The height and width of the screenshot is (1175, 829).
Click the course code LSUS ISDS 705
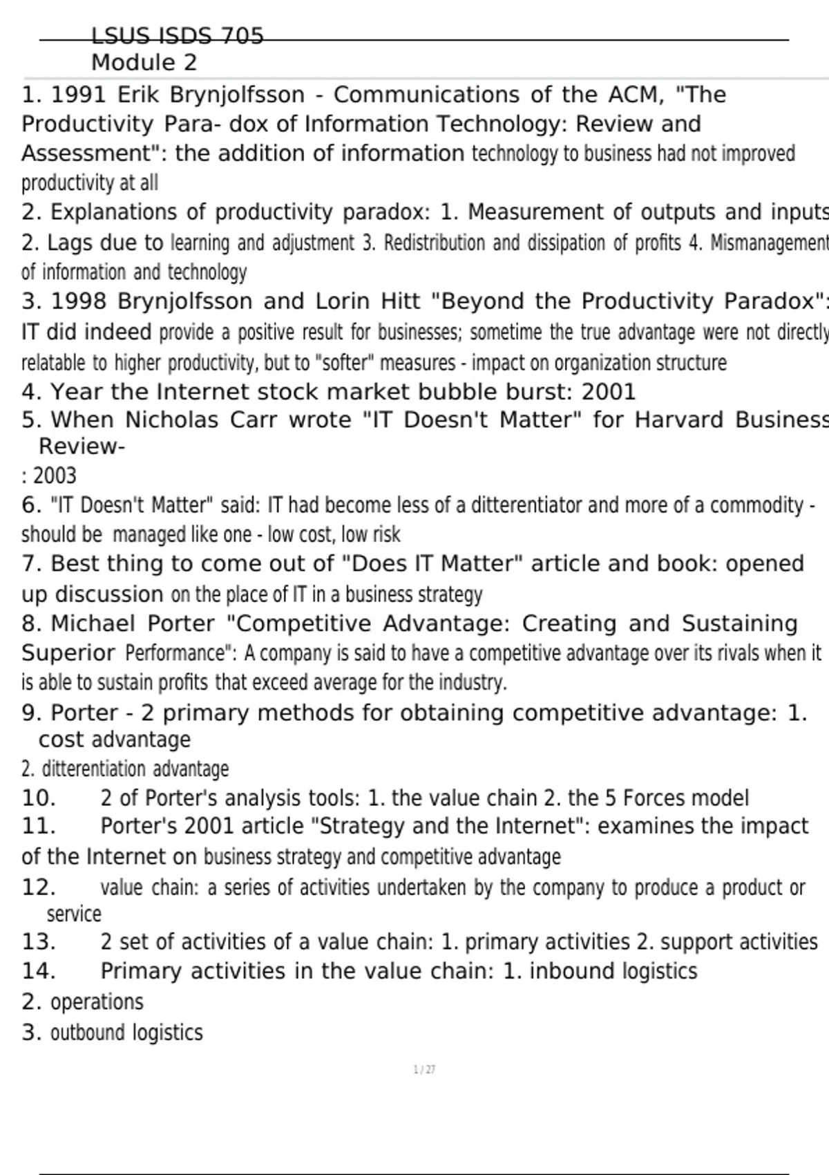point(178,36)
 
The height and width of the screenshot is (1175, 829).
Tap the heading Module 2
point(144,63)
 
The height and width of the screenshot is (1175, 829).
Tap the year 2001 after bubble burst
point(608,392)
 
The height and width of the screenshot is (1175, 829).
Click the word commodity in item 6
point(756,505)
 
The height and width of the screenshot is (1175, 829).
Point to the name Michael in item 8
point(93,623)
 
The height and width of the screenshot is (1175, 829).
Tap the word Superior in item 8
point(68,652)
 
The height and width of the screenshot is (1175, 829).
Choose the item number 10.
point(39,798)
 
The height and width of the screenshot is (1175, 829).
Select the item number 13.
point(39,942)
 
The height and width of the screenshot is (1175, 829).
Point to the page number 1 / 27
point(424,1070)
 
